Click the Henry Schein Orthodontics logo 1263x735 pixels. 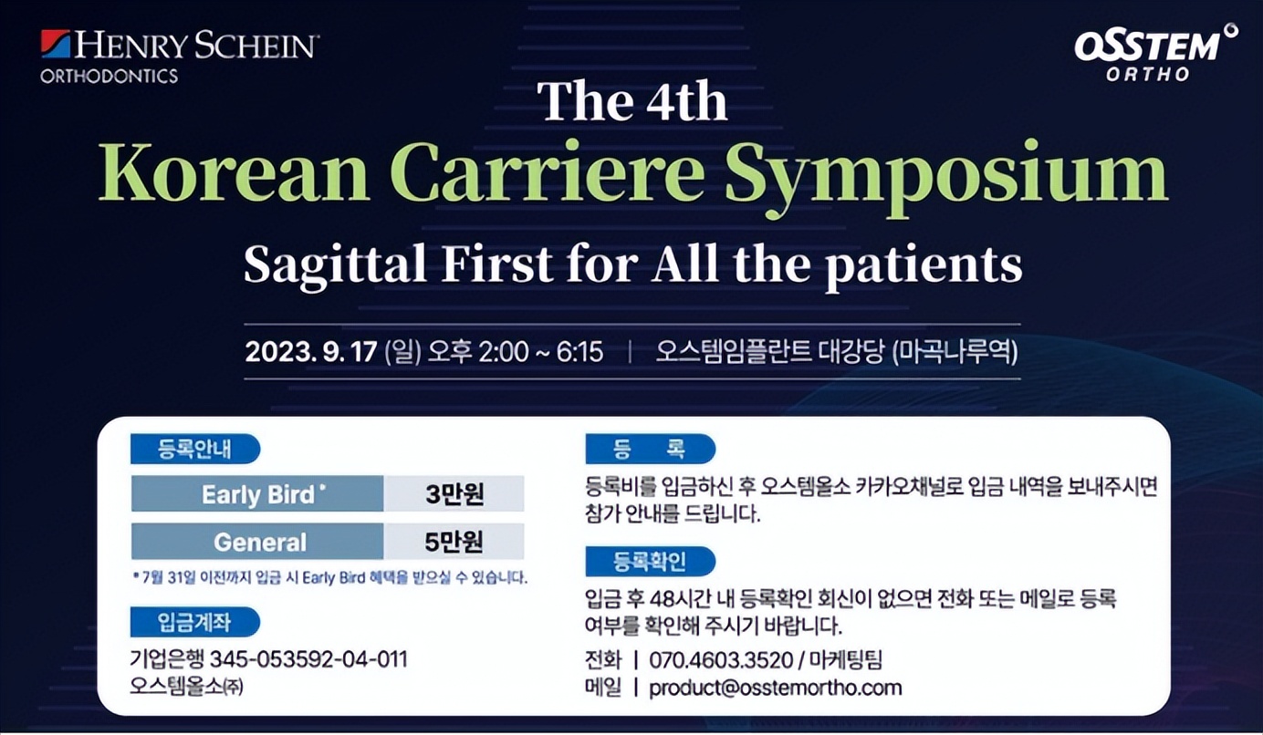179,57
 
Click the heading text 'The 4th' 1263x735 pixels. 632,102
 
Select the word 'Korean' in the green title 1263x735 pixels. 235,171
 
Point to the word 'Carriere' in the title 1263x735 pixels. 547,171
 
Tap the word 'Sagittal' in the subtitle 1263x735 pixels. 335,264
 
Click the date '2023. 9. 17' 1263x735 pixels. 310,352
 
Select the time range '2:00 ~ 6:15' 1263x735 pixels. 540,352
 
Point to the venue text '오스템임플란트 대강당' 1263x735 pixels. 770,352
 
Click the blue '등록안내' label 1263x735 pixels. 195,449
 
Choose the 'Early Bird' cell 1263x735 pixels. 257,494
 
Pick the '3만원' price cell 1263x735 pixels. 454,494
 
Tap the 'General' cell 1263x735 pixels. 257,542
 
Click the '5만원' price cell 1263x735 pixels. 454,542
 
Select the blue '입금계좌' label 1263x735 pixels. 195,622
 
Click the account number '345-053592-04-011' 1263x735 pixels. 308,659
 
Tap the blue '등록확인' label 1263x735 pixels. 650,562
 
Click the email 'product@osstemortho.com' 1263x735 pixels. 776,688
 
